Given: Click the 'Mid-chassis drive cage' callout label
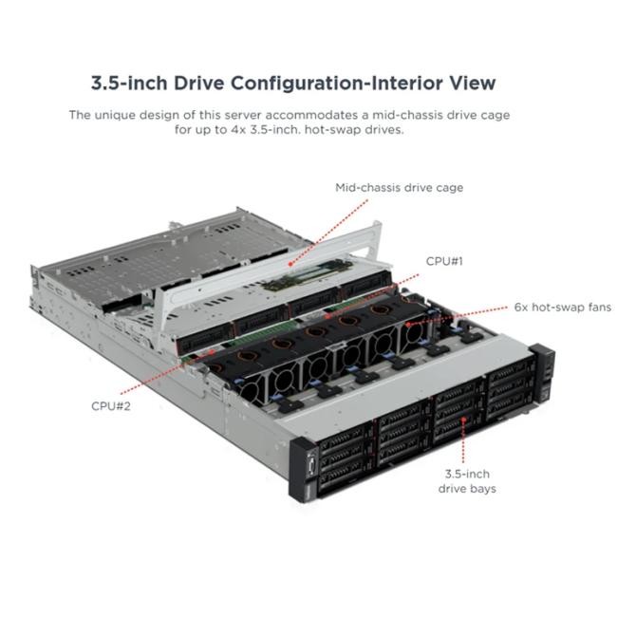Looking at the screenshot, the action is click(x=399, y=188).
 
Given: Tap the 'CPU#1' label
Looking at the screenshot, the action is click(x=444, y=261).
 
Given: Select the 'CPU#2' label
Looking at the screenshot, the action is click(x=110, y=406).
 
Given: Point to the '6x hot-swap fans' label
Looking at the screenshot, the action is click(x=563, y=307).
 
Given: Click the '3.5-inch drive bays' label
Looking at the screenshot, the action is click(x=467, y=481).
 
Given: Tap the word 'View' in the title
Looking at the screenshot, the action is click(x=473, y=83).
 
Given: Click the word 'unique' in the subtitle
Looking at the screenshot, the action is click(x=115, y=115).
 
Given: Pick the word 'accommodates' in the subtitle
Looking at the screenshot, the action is click(x=317, y=115).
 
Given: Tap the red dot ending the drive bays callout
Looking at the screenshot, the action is click(x=464, y=420).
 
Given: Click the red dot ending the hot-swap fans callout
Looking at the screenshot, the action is click(x=408, y=325).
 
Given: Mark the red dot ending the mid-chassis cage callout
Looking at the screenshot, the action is click(x=290, y=264).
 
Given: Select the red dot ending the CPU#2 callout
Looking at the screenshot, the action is click(x=213, y=351).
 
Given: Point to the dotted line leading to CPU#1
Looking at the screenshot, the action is click(x=373, y=295).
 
